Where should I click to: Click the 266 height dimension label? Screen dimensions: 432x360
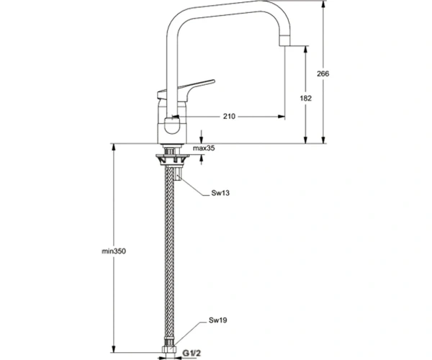tap(323, 74)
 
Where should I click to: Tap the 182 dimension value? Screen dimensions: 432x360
tap(305, 98)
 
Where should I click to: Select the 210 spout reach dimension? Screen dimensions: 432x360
tap(229, 117)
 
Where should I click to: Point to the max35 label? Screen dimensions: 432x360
tap(204, 148)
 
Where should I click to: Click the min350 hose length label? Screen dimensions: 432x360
tap(114, 251)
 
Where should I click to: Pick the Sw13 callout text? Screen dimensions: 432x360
tap(220, 193)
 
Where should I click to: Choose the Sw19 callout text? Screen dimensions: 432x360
tap(217, 320)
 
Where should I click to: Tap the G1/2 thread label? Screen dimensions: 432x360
tap(192, 353)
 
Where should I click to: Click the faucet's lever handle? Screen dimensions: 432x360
tap(186, 90)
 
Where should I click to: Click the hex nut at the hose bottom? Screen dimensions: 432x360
tap(169, 349)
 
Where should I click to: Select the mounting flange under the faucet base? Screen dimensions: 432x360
tap(173, 159)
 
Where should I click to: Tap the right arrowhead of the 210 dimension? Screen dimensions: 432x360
tap(282, 117)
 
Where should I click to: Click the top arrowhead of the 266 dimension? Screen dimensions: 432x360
tap(323, 4)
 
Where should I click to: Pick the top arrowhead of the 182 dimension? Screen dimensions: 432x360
tap(305, 50)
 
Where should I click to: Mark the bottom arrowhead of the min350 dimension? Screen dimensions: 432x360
tap(113, 349)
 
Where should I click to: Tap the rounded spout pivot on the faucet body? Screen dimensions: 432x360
tap(171, 125)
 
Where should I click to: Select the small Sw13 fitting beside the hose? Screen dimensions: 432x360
tap(178, 174)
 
